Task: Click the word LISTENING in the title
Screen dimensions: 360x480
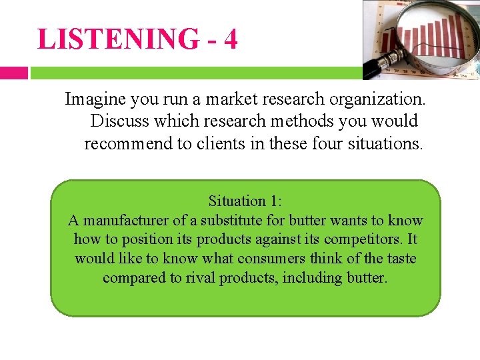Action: coord(118,39)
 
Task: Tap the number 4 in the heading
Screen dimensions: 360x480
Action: coord(230,39)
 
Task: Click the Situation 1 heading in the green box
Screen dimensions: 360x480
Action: coord(245,201)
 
